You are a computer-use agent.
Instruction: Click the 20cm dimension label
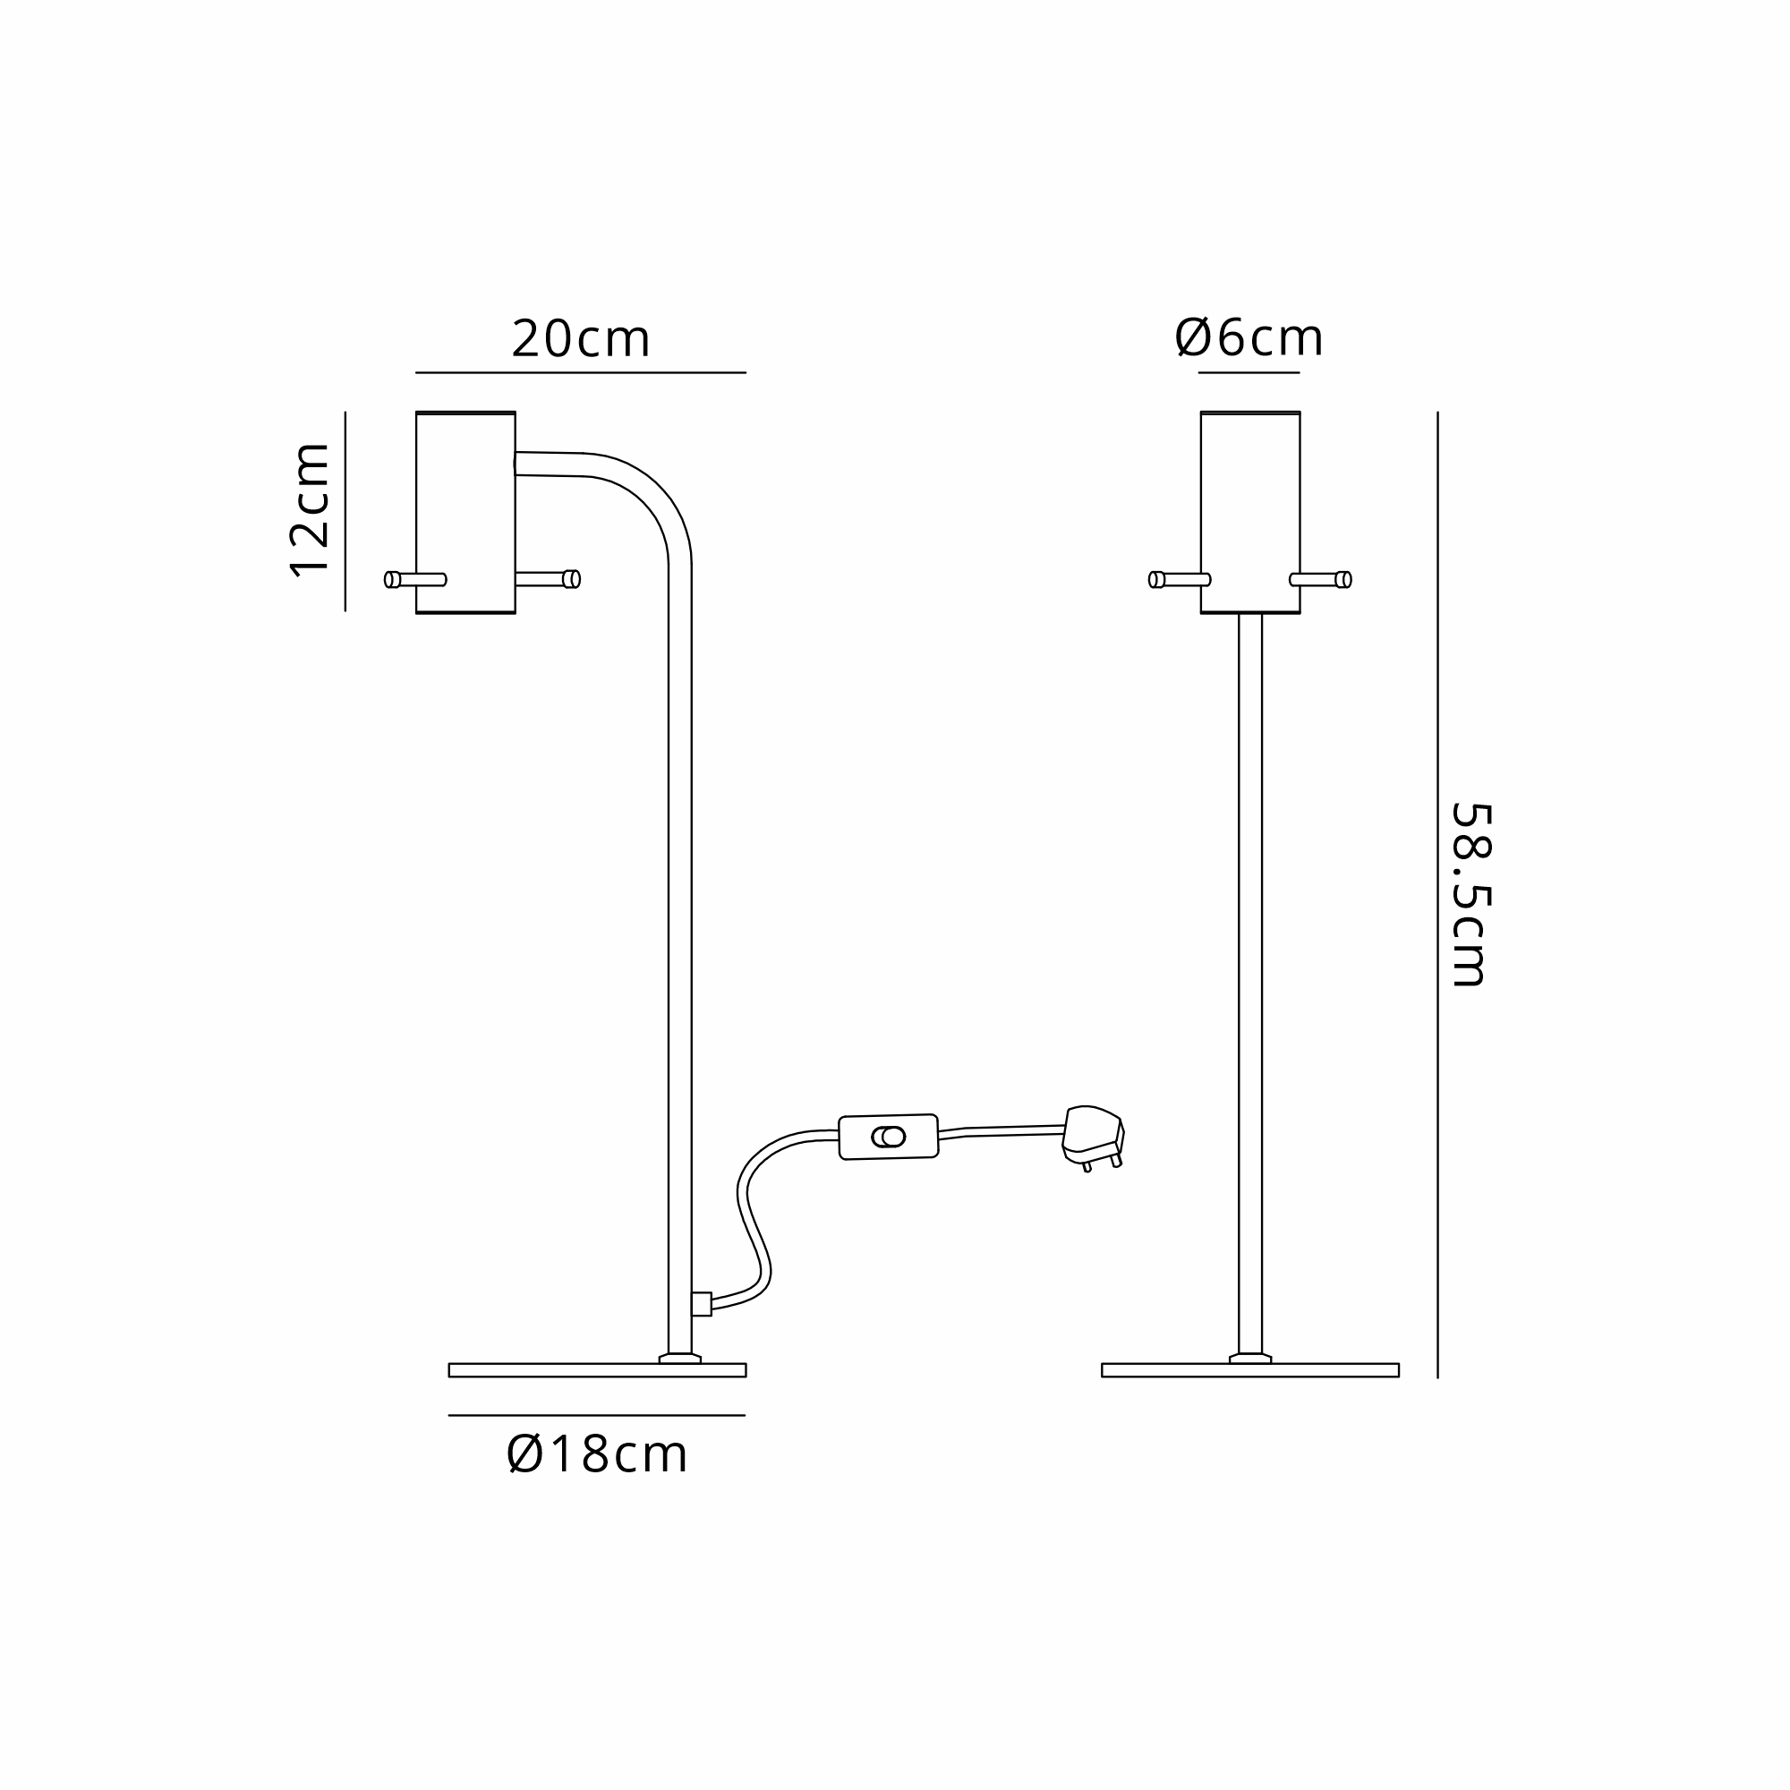(581, 339)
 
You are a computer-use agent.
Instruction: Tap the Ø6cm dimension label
(1249, 338)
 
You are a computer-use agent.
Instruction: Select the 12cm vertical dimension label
(310, 510)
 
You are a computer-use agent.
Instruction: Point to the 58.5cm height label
(1470, 895)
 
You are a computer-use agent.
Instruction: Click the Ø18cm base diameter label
(597, 1454)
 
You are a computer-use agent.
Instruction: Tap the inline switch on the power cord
(889, 1137)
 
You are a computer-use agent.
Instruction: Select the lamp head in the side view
(465, 512)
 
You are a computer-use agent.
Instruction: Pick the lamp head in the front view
(1249, 512)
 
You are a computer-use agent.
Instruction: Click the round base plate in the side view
(597, 1370)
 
